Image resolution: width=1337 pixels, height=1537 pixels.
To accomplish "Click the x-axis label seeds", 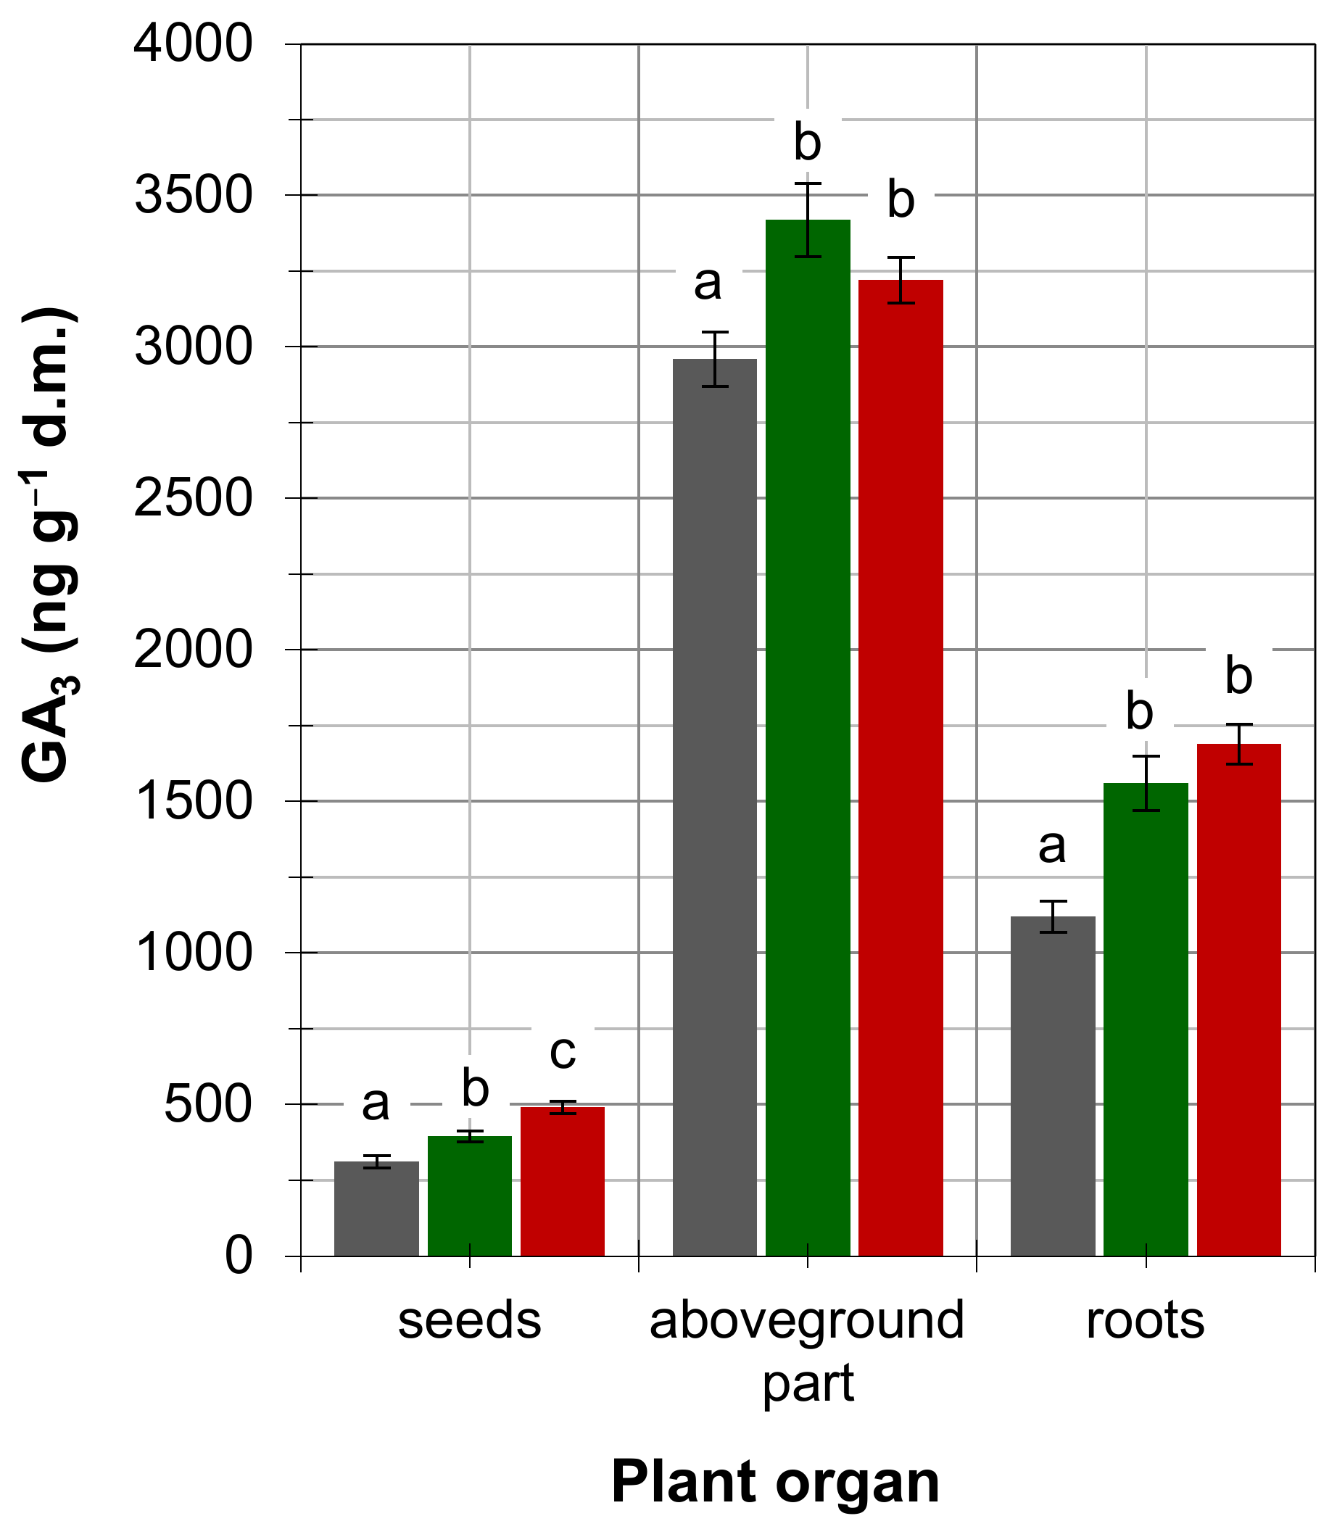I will [x=469, y=1320].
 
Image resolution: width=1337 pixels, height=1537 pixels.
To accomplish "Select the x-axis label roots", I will [x=1146, y=1320].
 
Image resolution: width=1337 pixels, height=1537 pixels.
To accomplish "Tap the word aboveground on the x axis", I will [x=807, y=1320].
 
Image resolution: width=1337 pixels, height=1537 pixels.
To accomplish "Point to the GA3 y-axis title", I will [x=49, y=544].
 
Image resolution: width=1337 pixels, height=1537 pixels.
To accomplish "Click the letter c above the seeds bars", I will [x=563, y=1052].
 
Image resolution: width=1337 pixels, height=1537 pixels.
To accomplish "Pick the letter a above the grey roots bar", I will [x=1052, y=846].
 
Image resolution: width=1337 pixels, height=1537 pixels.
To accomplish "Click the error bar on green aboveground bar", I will [x=808, y=220].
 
